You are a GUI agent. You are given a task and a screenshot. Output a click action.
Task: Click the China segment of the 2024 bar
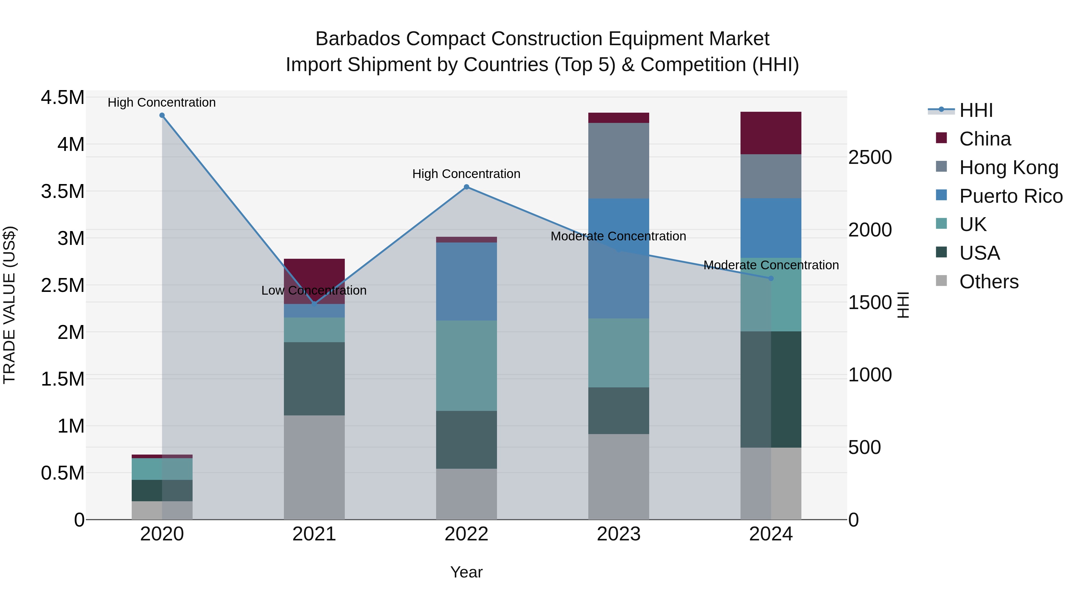(x=771, y=133)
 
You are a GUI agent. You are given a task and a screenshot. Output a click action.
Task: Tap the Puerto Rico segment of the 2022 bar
(x=466, y=281)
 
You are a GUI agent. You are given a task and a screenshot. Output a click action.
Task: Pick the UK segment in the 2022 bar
(x=466, y=365)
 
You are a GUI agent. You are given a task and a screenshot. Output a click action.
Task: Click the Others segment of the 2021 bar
(x=314, y=467)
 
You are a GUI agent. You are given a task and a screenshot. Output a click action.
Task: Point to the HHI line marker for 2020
(x=162, y=115)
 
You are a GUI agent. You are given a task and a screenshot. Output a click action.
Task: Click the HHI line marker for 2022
(x=466, y=187)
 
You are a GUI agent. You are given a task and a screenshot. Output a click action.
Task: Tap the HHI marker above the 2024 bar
(x=771, y=278)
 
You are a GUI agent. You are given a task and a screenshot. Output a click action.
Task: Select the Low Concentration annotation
(x=314, y=290)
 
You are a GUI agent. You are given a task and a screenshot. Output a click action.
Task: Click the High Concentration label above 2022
(x=466, y=174)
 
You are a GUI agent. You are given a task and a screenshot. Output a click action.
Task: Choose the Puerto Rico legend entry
(x=1011, y=196)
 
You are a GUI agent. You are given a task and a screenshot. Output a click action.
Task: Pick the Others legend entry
(x=989, y=282)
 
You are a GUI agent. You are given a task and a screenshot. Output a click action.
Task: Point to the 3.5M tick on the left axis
(x=62, y=192)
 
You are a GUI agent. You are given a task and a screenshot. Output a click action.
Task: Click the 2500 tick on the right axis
(x=870, y=158)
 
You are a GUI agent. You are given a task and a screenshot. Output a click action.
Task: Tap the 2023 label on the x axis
(x=618, y=534)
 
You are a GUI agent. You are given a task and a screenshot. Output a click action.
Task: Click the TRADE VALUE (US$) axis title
(x=10, y=305)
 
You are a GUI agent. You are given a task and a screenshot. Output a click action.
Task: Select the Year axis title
(x=466, y=572)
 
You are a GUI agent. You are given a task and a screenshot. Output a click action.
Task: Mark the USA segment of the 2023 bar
(x=618, y=411)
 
